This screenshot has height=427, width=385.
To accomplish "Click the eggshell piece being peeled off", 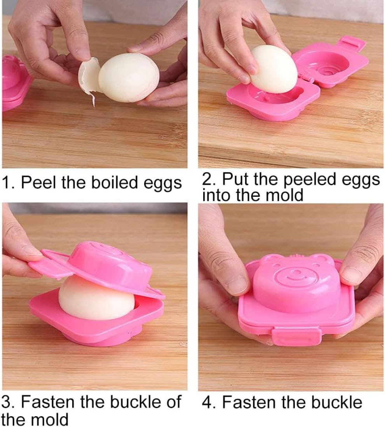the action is tap(89, 78).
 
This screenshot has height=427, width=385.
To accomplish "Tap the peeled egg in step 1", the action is tap(129, 78).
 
